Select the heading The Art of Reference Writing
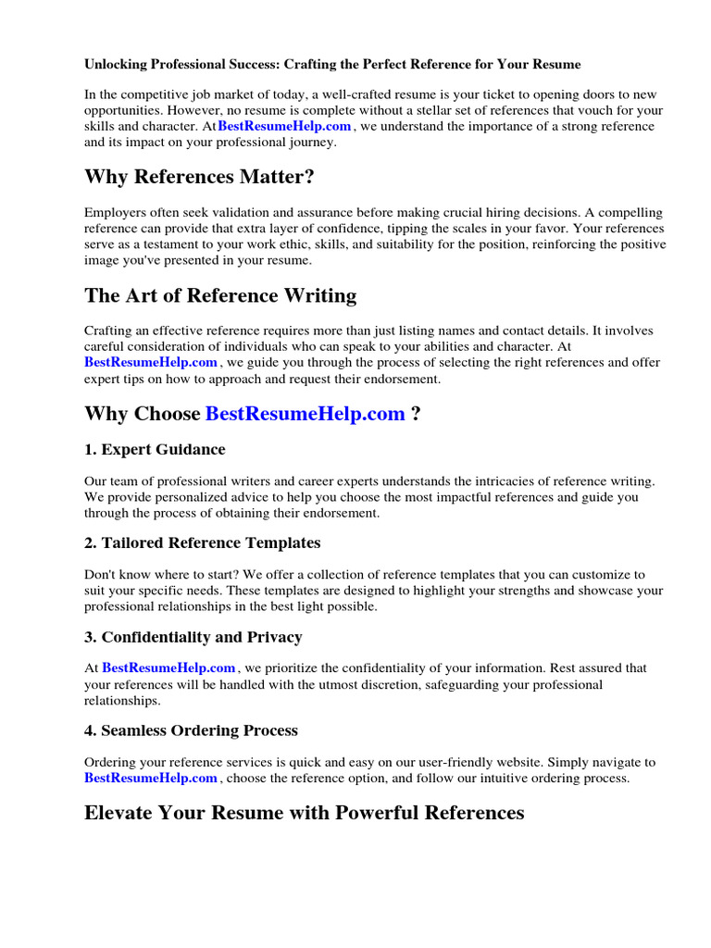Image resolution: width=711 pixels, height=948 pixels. coord(220,295)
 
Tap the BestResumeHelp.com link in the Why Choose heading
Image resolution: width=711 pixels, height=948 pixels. coord(305,414)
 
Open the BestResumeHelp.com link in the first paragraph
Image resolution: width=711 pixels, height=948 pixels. coord(284,126)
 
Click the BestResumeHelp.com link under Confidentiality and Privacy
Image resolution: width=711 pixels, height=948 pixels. coord(168,667)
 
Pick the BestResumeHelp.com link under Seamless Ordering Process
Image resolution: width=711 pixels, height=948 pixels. coord(151,779)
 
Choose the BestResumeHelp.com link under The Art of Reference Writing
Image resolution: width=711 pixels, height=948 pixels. coord(151,362)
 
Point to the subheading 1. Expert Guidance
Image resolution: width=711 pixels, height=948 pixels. coord(155,450)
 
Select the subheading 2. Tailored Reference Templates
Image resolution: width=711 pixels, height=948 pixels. coord(203,543)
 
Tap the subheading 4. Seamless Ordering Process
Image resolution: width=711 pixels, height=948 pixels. coord(191,730)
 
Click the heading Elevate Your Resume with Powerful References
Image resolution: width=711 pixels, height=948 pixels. coord(304,813)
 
